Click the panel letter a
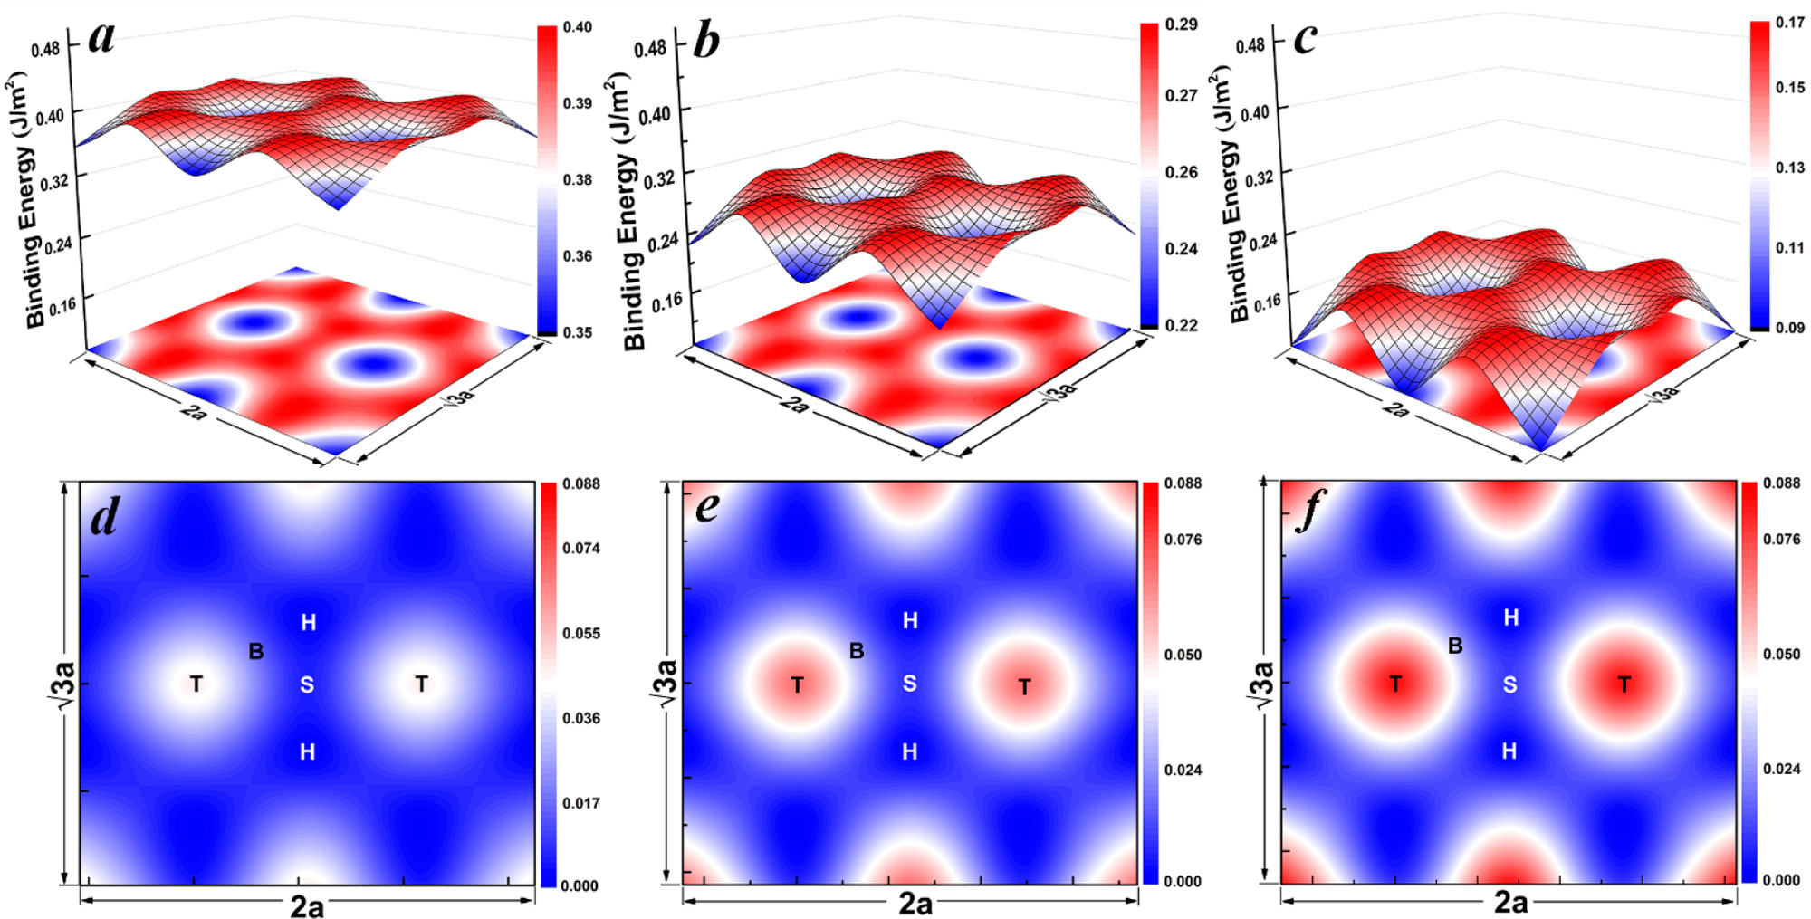click(102, 39)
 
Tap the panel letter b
click(705, 40)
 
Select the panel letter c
click(1305, 39)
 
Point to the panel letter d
click(106, 516)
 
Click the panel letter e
click(707, 507)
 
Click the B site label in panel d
click(256, 651)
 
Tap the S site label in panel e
click(910, 684)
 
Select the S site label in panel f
click(1509, 684)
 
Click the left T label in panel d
click(196, 684)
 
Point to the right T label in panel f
click(1624, 684)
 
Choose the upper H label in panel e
click(910, 620)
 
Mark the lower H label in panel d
click(308, 751)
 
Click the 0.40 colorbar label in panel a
click(578, 27)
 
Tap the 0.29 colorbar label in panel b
click(1181, 24)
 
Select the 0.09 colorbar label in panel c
click(1789, 327)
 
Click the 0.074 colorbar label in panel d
click(581, 548)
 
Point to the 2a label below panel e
click(915, 904)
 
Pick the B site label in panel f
click(1455, 646)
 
